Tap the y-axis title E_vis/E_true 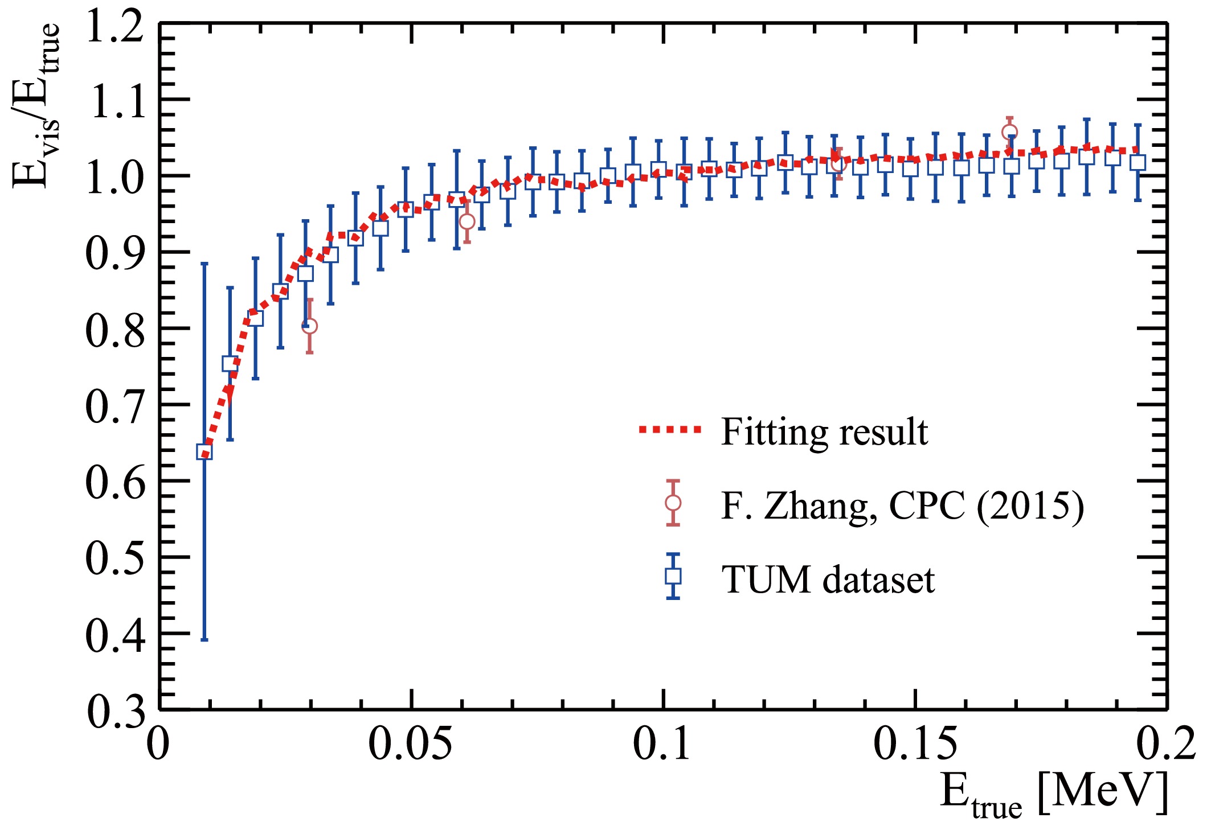click(35, 105)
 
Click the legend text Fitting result click(824, 432)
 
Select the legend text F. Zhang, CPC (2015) click(902, 505)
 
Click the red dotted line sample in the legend click(670, 430)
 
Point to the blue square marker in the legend click(673, 576)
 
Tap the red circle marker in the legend click(673, 503)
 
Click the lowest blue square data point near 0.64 click(204, 452)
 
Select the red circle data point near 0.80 click(309, 326)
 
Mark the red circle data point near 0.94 click(467, 221)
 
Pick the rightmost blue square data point click(1138, 162)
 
